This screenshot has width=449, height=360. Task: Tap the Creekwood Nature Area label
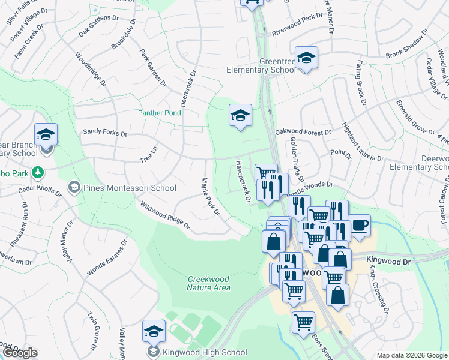(x=209, y=283)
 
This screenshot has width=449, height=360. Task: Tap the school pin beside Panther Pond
(x=240, y=115)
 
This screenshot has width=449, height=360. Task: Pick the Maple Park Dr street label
(x=211, y=196)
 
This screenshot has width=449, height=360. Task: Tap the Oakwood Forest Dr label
(x=303, y=132)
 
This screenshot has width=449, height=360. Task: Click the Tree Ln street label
(x=148, y=155)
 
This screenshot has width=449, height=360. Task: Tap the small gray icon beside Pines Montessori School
(x=74, y=188)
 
